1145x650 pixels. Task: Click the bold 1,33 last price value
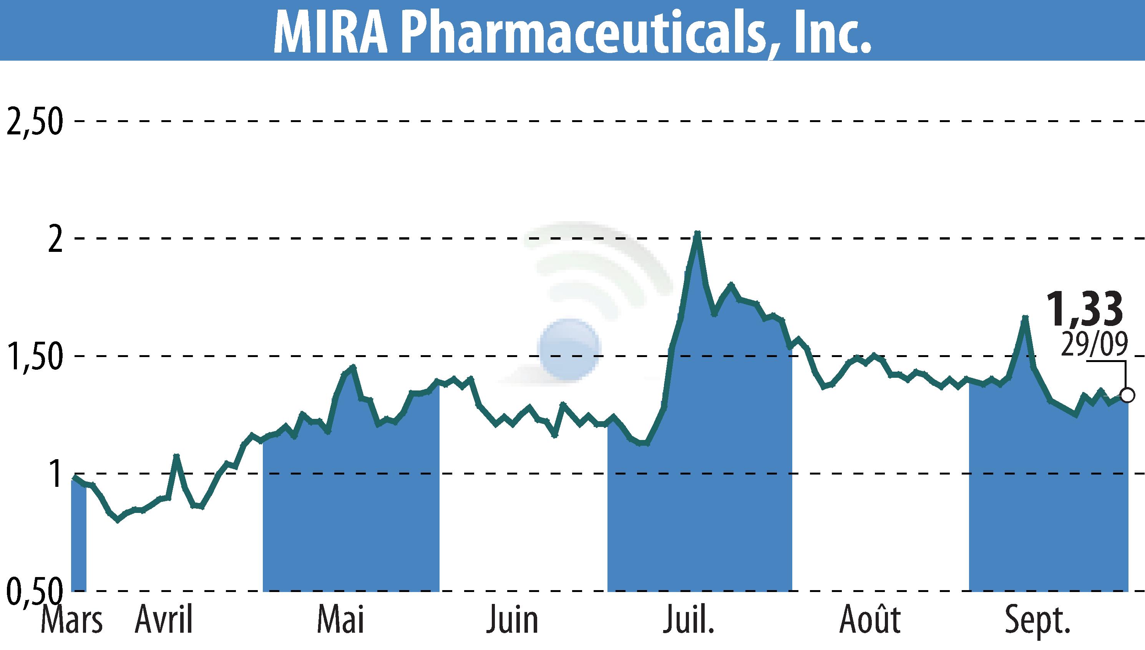click(x=1085, y=309)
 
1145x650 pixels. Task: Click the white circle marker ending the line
click(x=1128, y=395)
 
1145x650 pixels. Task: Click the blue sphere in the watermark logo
click(x=569, y=349)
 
